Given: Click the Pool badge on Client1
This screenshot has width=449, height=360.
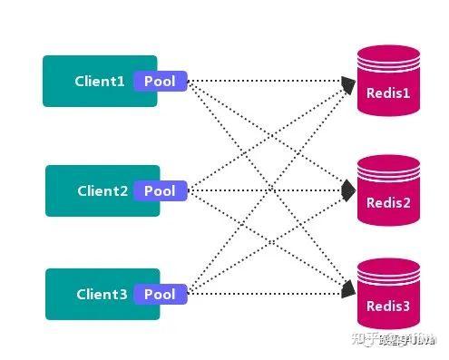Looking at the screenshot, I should click(x=161, y=82).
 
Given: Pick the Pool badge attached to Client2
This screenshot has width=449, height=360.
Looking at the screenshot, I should click(x=161, y=191).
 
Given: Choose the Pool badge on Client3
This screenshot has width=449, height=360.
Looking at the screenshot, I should click(x=161, y=294).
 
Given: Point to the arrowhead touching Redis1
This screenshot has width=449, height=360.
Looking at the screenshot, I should click(x=349, y=84).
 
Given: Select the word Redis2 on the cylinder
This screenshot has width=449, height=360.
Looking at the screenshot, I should click(x=389, y=202).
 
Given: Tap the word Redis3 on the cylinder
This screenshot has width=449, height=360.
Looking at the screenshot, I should click(x=389, y=307).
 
